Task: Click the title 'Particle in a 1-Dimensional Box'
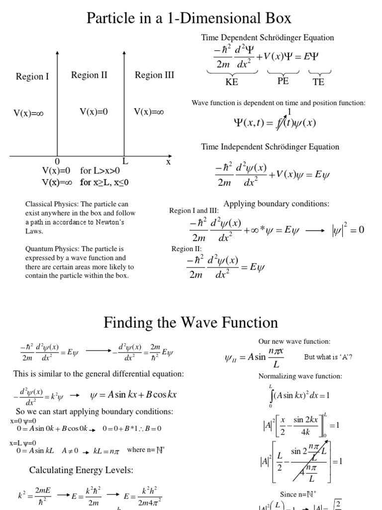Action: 189,18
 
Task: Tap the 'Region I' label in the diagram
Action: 32,76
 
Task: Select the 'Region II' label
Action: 89,75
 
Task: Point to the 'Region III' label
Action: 155,75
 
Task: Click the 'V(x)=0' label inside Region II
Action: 94,112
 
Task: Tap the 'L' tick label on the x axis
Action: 125,161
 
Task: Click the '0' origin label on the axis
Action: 57,162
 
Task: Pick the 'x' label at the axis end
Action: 168,161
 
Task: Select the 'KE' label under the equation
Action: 232,82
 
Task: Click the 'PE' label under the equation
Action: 283,81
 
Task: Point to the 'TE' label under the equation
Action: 318,82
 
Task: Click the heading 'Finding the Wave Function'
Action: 191,323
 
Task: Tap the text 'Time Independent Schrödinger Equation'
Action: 270,147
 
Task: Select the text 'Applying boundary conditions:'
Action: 277,204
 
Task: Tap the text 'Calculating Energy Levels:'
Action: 81,470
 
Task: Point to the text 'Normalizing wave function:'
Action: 300,376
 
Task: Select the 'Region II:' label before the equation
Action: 187,249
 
